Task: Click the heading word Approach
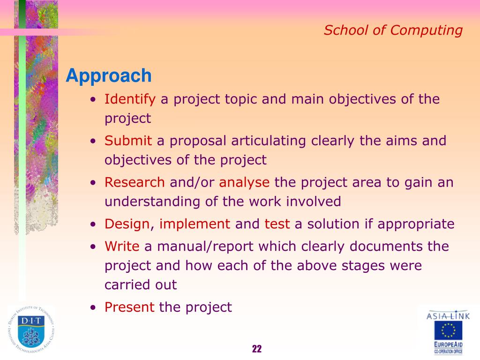(x=109, y=76)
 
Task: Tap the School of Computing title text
(x=393, y=30)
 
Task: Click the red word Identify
(x=130, y=99)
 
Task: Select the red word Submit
(x=128, y=141)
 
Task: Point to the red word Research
(x=135, y=182)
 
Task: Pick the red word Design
(x=127, y=225)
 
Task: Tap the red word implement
(x=195, y=225)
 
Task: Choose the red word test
(x=277, y=224)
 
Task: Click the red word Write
(x=122, y=247)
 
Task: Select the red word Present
(x=129, y=307)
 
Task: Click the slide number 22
(x=257, y=349)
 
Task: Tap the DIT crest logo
(x=31, y=330)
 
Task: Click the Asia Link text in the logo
(x=448, y=315)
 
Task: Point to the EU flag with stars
(x=448, y=330)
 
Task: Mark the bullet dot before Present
(x=93, y=307)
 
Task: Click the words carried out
(x=141, y=285)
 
